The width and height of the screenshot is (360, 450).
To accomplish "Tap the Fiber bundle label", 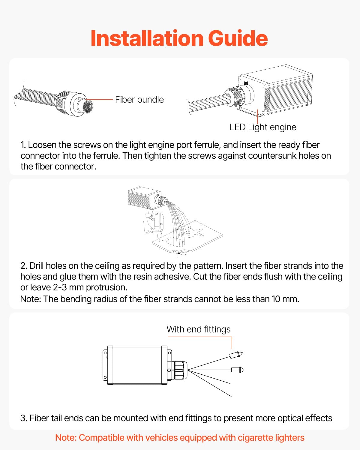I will point(139,100).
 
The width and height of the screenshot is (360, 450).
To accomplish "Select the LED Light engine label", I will point(263,127).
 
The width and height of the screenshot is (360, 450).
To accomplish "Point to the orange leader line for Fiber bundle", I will point(100,100).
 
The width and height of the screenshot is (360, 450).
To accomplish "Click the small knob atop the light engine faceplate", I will point(246,83).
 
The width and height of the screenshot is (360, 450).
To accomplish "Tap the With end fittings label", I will point(198,329).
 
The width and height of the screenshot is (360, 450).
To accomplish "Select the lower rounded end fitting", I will point(237,370).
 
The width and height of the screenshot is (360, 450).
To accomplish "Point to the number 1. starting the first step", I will point(23,145).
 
